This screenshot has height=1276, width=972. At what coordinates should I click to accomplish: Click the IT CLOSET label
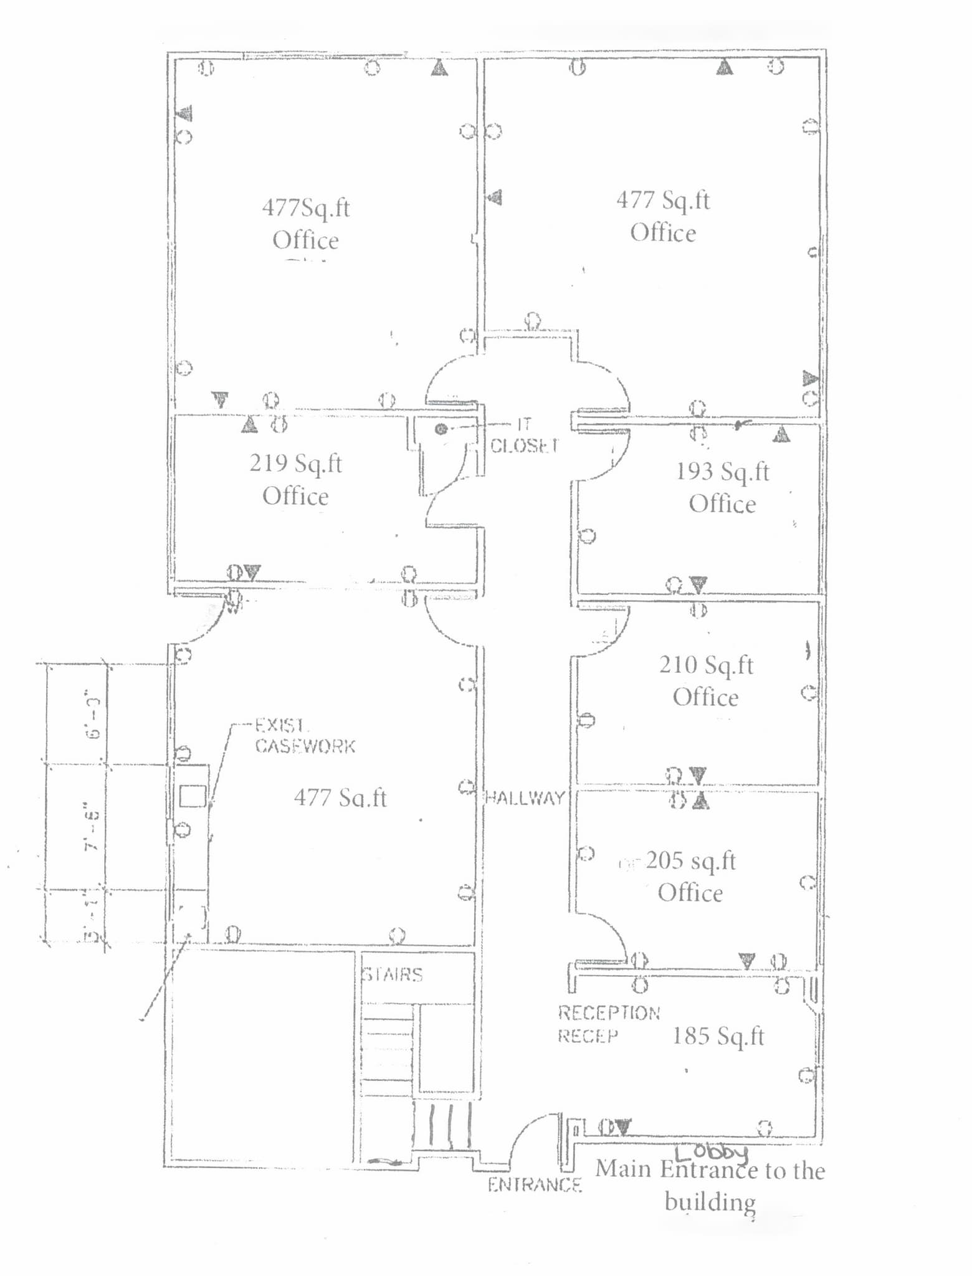click(523, 436)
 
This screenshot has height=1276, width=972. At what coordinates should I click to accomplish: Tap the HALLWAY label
click(525, 797)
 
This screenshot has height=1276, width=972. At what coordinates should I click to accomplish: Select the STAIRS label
click(393, 974)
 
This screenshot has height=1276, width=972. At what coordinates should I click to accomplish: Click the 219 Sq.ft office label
click(296, 480)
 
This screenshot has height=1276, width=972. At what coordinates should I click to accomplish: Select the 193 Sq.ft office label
click(723, 487)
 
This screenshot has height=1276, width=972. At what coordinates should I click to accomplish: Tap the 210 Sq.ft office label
click(707, 681)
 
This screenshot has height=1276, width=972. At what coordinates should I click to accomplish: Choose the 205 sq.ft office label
click(690, 877)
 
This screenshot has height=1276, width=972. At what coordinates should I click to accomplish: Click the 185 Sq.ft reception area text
click(718, 1036)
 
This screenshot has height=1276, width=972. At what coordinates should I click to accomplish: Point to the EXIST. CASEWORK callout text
click(305, 736)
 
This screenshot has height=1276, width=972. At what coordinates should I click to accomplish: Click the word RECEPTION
click(609, 1013)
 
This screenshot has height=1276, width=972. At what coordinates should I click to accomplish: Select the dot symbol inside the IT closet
click(441, 429)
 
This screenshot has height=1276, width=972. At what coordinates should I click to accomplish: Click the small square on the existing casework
click(193, 796)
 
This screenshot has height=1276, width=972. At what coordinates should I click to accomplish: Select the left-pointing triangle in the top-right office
click(495, 198)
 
